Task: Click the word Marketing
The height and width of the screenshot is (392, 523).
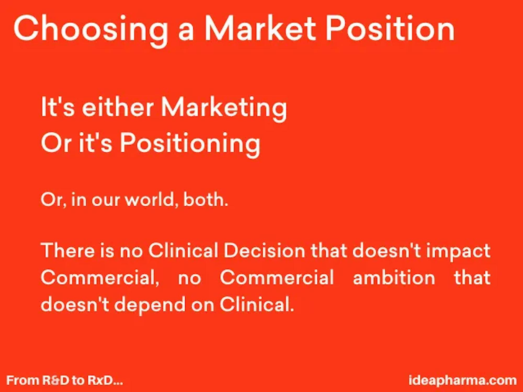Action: (x=224, y=108)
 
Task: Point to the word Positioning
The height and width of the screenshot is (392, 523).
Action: (x=190, y=144)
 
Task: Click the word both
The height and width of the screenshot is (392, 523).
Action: (x=206, y=200)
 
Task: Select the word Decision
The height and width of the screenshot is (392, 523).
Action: (x=264, y=250)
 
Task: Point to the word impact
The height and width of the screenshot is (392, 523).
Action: (x=458, y=252)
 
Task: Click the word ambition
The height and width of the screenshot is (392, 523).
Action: (x=394, y=277)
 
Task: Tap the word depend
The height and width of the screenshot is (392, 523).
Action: (x=150, y=305)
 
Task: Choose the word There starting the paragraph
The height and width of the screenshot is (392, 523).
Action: (x=68, y=250)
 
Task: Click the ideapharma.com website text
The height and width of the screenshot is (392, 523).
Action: (x=463, y=381)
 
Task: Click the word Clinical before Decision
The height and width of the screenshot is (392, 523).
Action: (x=183, y=250)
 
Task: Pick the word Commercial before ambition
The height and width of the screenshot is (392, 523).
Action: (x=277, y=277)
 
